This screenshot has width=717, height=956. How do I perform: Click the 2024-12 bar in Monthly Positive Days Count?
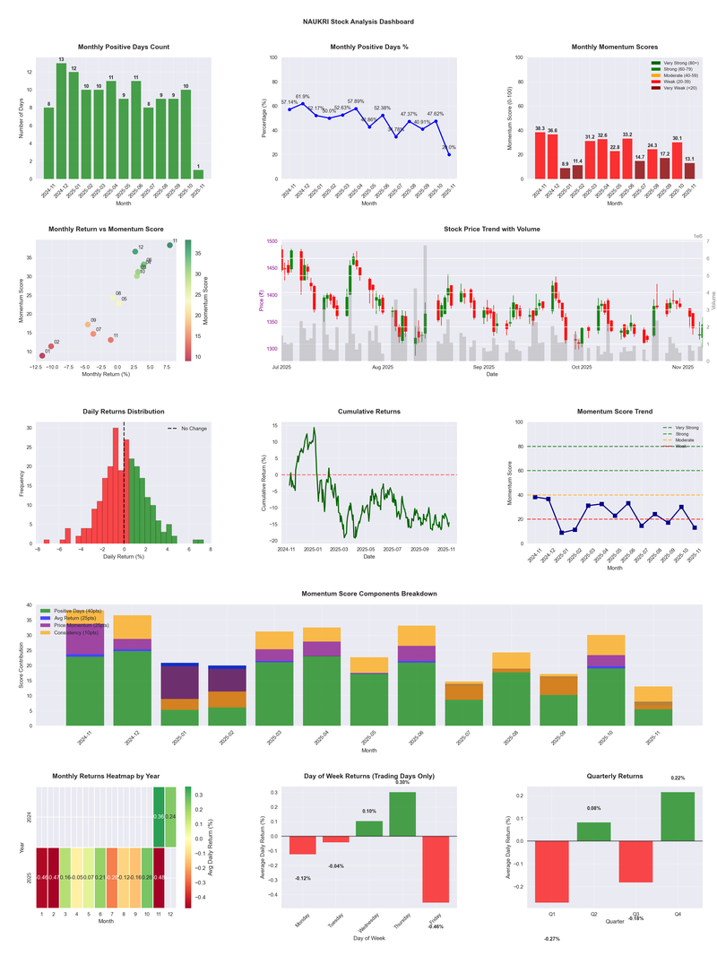pos(61,121)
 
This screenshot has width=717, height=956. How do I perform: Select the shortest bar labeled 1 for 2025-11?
pos(198,173)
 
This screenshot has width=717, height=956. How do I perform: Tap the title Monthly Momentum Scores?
pos(614,47)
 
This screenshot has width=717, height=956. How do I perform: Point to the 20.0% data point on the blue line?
pos(449,154)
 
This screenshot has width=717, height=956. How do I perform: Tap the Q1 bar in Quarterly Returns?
pos(552,872)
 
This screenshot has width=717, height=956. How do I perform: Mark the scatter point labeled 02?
pos(50,346)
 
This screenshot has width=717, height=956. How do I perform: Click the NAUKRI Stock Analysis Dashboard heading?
pos(358,21)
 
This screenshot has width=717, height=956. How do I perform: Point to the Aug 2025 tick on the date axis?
pos(383,367)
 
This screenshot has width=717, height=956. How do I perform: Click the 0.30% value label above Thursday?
pos(402,782)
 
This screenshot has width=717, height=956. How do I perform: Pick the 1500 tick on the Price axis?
pos(271,242)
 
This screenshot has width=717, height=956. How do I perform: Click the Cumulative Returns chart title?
pos(369,412)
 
